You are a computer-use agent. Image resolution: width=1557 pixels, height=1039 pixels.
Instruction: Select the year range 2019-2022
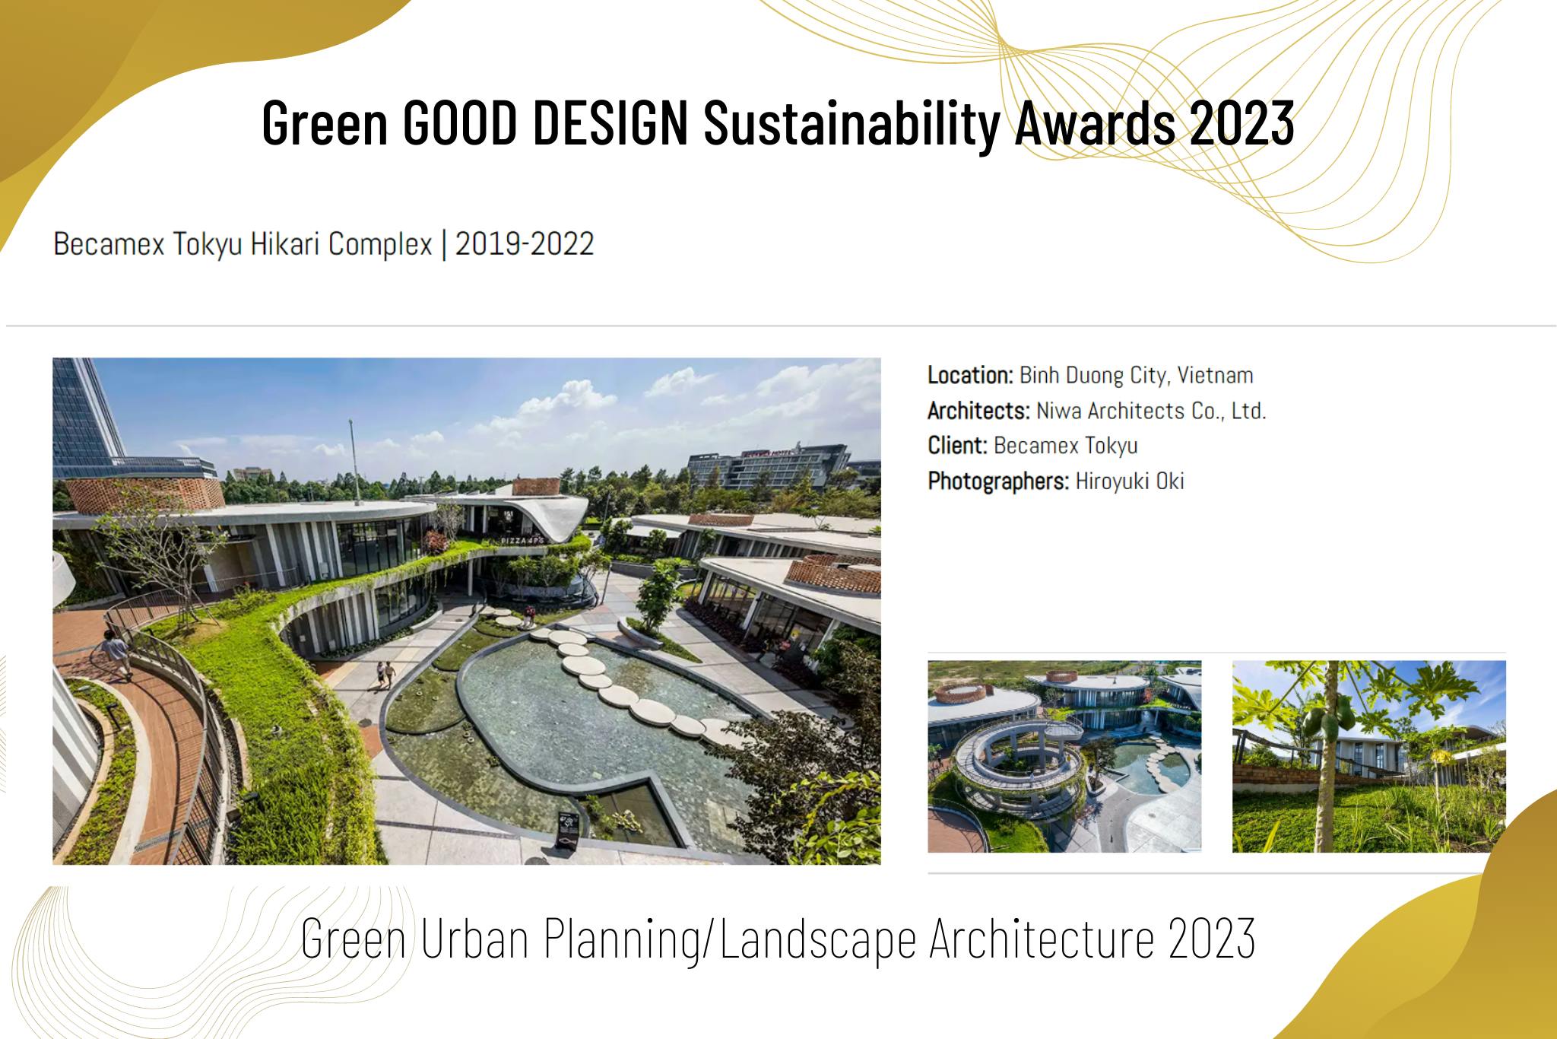525,244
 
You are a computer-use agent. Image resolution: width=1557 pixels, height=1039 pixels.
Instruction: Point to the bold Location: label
970,375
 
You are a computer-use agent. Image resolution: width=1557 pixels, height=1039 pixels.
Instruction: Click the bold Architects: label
978,411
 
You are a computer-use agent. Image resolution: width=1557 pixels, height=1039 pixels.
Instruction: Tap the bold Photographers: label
998,481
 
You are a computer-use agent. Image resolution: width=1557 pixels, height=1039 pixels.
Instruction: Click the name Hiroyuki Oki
1130,481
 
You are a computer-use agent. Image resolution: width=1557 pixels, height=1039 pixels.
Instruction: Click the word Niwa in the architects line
1059,411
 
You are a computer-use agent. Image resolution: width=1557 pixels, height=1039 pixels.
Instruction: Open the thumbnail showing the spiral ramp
1064,756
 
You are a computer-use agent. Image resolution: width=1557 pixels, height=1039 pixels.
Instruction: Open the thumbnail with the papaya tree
1368,756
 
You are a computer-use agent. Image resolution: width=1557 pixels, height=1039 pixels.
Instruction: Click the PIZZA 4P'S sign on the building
522,539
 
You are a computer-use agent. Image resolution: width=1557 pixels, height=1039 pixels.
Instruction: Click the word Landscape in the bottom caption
818,939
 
